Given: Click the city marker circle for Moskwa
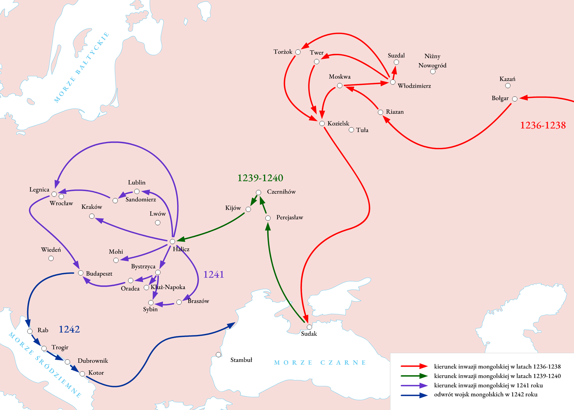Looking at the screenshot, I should [x=340, y=86].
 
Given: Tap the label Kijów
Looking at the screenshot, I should [x=233, y=208].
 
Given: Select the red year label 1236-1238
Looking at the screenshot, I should [x=543, y=125].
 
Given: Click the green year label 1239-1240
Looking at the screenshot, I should [x=260, y=178].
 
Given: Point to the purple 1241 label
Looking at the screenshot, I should [x=213, y=274].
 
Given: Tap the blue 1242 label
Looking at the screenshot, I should [x=69, y=329].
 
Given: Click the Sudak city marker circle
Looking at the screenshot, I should [x=309, y=327].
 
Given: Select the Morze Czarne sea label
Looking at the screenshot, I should [x=320, y=362].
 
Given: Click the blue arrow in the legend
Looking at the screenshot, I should [x=414, y=395].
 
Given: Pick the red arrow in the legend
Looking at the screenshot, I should [x=414, y=366].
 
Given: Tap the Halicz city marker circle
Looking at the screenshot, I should [x=172, y=241].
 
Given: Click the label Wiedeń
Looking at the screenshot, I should [x=51, y=250].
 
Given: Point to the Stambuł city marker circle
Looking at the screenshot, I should [x=219, y=355].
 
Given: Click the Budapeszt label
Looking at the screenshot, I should [x=99, y=274].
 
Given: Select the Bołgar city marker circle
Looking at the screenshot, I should [x=515, y=99].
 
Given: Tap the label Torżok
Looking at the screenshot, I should [x=283, y=52].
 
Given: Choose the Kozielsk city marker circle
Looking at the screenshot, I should [x=322, y=124].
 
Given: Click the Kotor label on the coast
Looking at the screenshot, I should [x=96, y=373].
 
